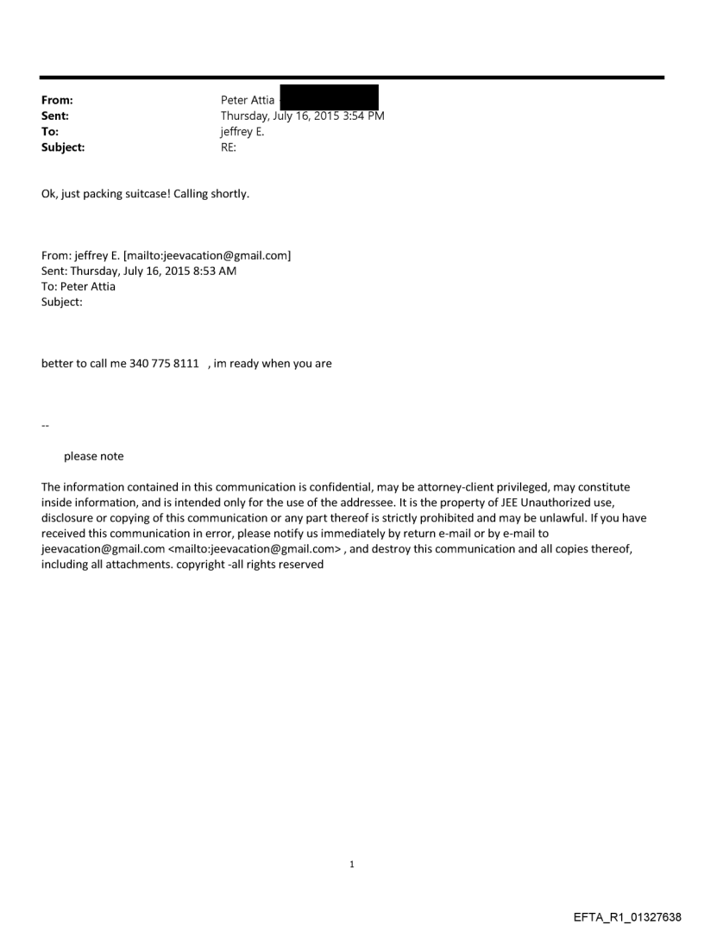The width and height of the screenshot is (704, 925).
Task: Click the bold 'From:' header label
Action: [x=56, y=101]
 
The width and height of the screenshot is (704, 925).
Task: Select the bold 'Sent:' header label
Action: [x=55, y=116]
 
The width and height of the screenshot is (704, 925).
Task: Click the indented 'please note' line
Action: [x=93, y=456]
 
